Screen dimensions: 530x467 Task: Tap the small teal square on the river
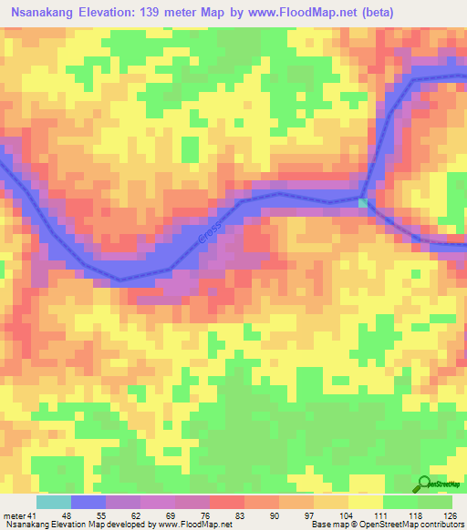tap(362, 202)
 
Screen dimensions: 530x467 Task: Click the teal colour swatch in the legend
tap(54, 502)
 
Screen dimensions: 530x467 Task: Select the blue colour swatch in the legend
tap(88, 502)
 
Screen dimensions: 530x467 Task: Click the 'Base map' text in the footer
tap(327, 525)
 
